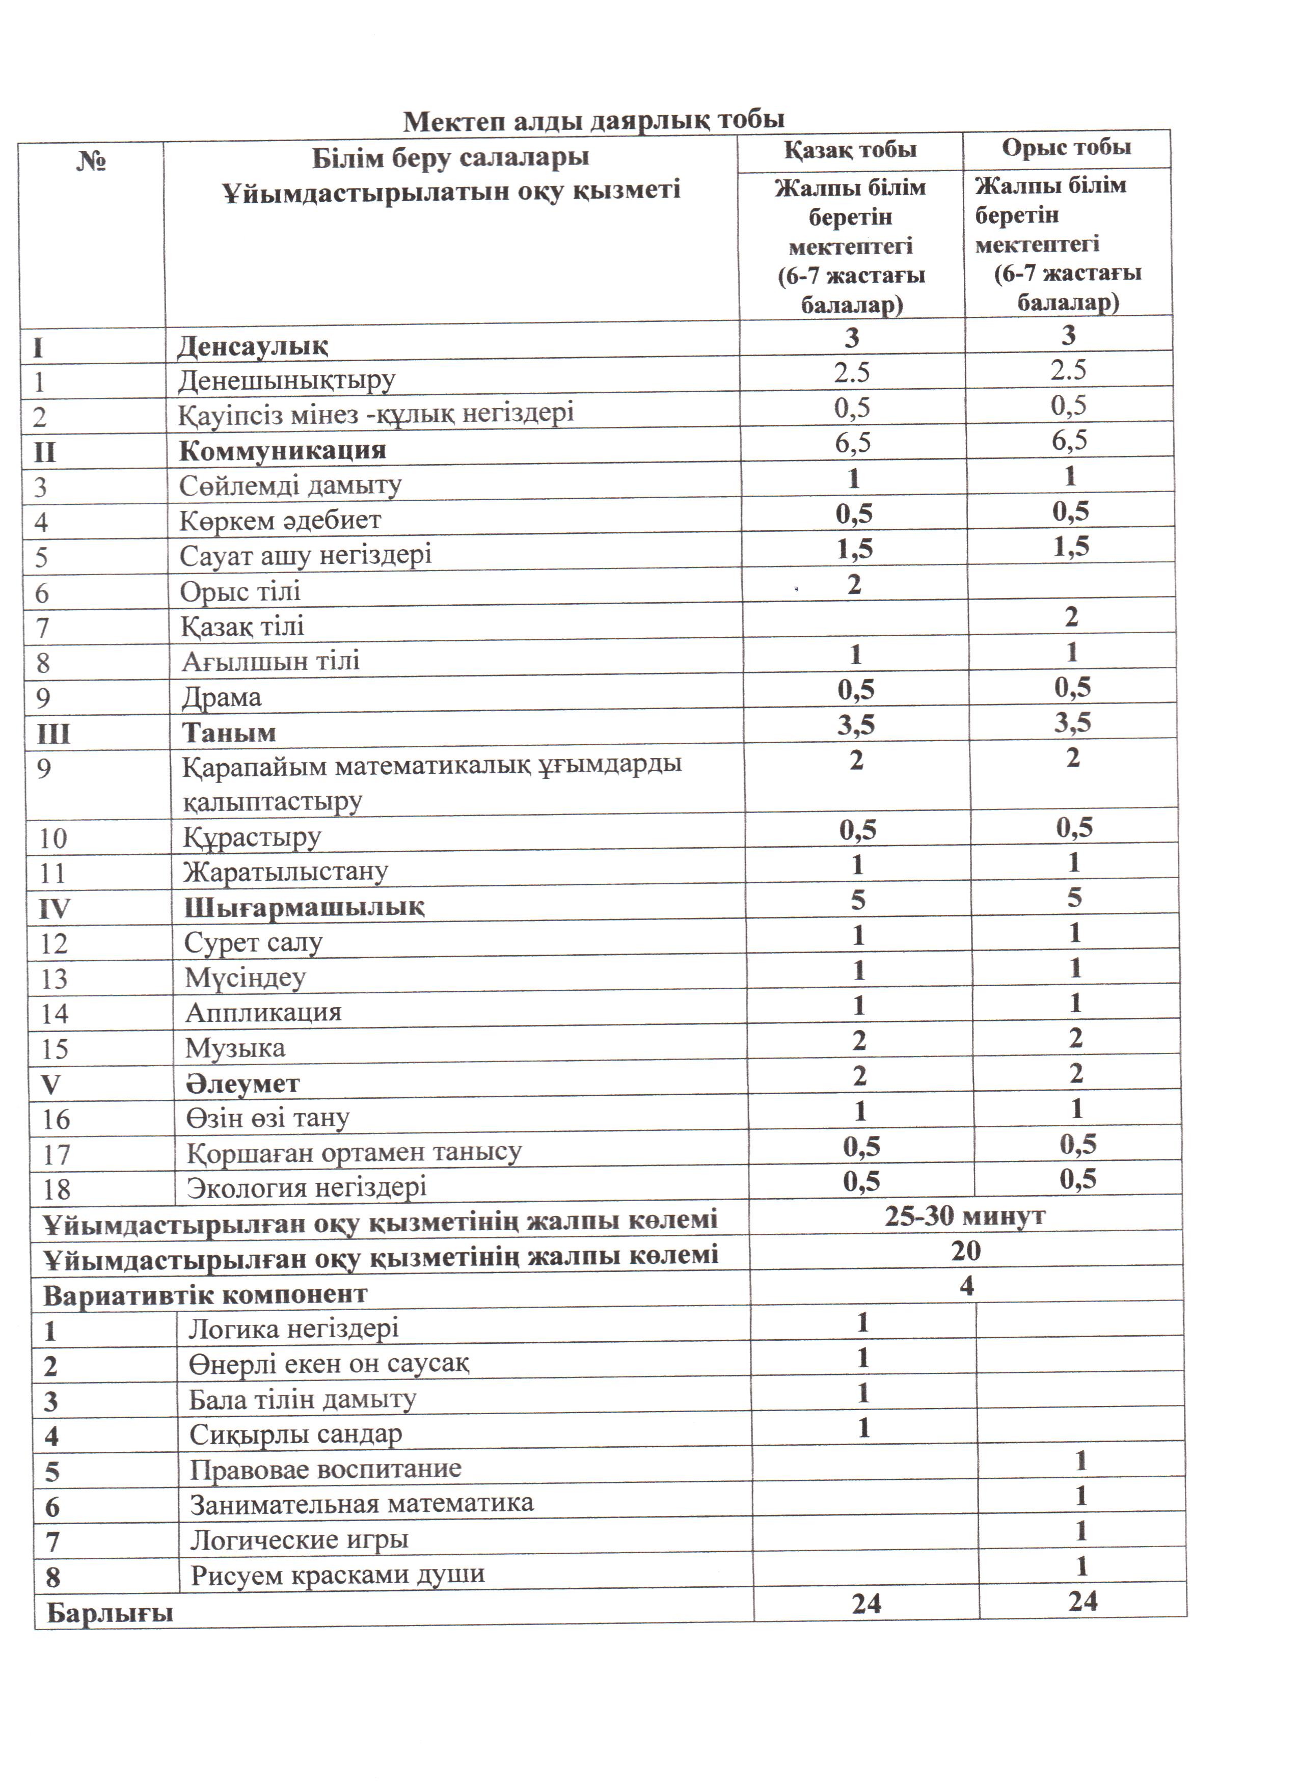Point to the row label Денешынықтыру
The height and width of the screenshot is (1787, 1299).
click(286, 380)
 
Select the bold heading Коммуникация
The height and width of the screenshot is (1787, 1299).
click(282, 450)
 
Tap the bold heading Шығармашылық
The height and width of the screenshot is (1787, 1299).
click(304, 907)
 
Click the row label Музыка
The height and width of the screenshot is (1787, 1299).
click(235, 1048)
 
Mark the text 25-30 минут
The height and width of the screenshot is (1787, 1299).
click(964, 1216)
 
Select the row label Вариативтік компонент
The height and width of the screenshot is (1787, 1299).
click(205, 1294)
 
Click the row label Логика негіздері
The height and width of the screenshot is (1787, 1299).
click(293, 1329)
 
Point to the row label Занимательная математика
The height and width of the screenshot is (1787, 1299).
click(362, 1503)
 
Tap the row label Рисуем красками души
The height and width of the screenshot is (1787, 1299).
click(337, 1574)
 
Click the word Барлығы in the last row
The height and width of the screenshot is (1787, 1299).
click(110, 1612)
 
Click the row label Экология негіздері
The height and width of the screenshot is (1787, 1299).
click(307, 1186)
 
